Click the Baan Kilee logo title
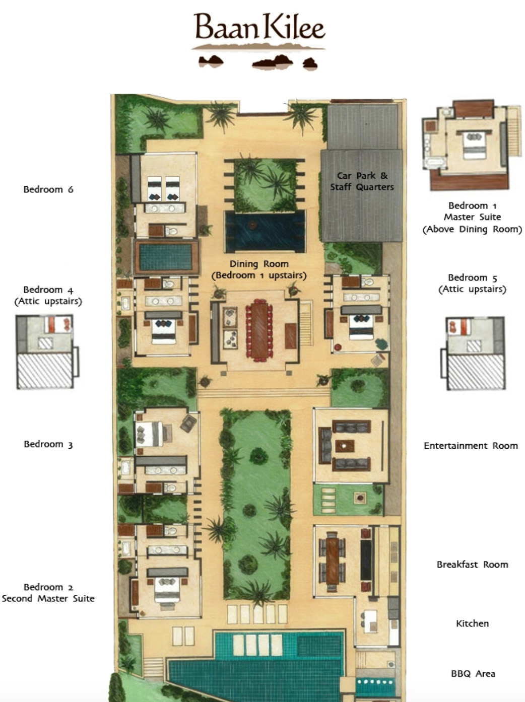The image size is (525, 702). click(259, 27)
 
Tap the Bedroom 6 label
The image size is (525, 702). click(48, 189)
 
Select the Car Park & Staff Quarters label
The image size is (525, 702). click(362, 181)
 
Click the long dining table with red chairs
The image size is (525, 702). click(259, 330)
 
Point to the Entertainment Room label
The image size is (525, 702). click(471, 446)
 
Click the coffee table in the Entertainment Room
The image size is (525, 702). click(345, 446)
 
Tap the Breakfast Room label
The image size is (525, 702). click(472, 565)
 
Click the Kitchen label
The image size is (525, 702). click(472, 623)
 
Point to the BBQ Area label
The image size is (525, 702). click(473, 674)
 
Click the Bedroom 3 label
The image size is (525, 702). click(48, 444)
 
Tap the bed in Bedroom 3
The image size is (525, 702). click(150, 434)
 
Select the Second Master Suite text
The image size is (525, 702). click(48, 598)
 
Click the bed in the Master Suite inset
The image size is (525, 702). click(474, 146)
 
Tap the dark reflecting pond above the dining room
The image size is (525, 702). click(265, 231)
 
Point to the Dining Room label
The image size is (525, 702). click(259, 264)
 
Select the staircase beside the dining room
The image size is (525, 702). click(306, 323)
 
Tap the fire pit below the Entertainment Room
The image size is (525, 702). click(360, 498)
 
